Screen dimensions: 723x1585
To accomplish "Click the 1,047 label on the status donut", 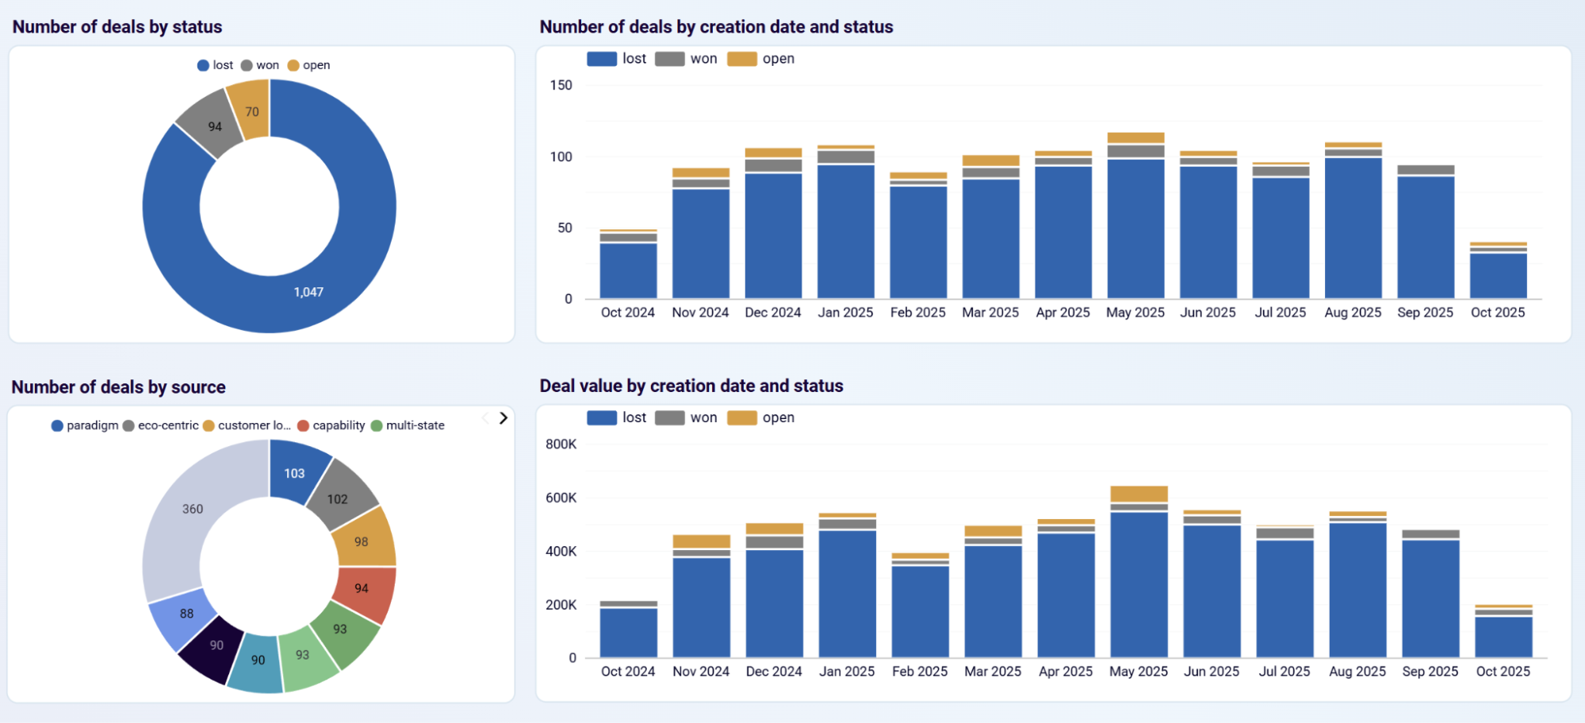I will click(x=308, y=292).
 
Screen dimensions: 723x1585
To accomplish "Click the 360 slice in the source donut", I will click(x=193, y=509).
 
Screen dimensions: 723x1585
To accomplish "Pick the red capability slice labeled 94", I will click(x=362, y=588).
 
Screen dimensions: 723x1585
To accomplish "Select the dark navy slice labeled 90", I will click(x=215, y=645).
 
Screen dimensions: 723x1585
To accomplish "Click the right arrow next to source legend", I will click(x=503, y=418).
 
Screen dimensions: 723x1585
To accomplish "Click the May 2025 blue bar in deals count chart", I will click(x=1135, y=230).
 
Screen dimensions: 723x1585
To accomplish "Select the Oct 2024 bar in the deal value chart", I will click(x=628, y=631).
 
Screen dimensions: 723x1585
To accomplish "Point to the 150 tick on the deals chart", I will click(x=561, y=85).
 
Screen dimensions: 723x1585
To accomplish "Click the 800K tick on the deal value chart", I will click(x=561, y=444).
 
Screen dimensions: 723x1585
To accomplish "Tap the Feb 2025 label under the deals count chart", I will click(x=917, y=313).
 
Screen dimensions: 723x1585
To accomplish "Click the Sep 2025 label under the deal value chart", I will click(x=1430, y=671).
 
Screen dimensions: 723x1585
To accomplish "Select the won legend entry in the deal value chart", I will click(x=687, y=417).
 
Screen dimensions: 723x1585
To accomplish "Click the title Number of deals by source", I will click(x=118, y=387).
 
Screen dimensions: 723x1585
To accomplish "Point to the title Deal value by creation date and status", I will click(x=691, y=386).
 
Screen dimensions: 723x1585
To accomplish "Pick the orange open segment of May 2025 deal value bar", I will click(x=1139, y=494).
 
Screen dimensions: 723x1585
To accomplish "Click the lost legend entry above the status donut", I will click(x=215, y=65).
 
